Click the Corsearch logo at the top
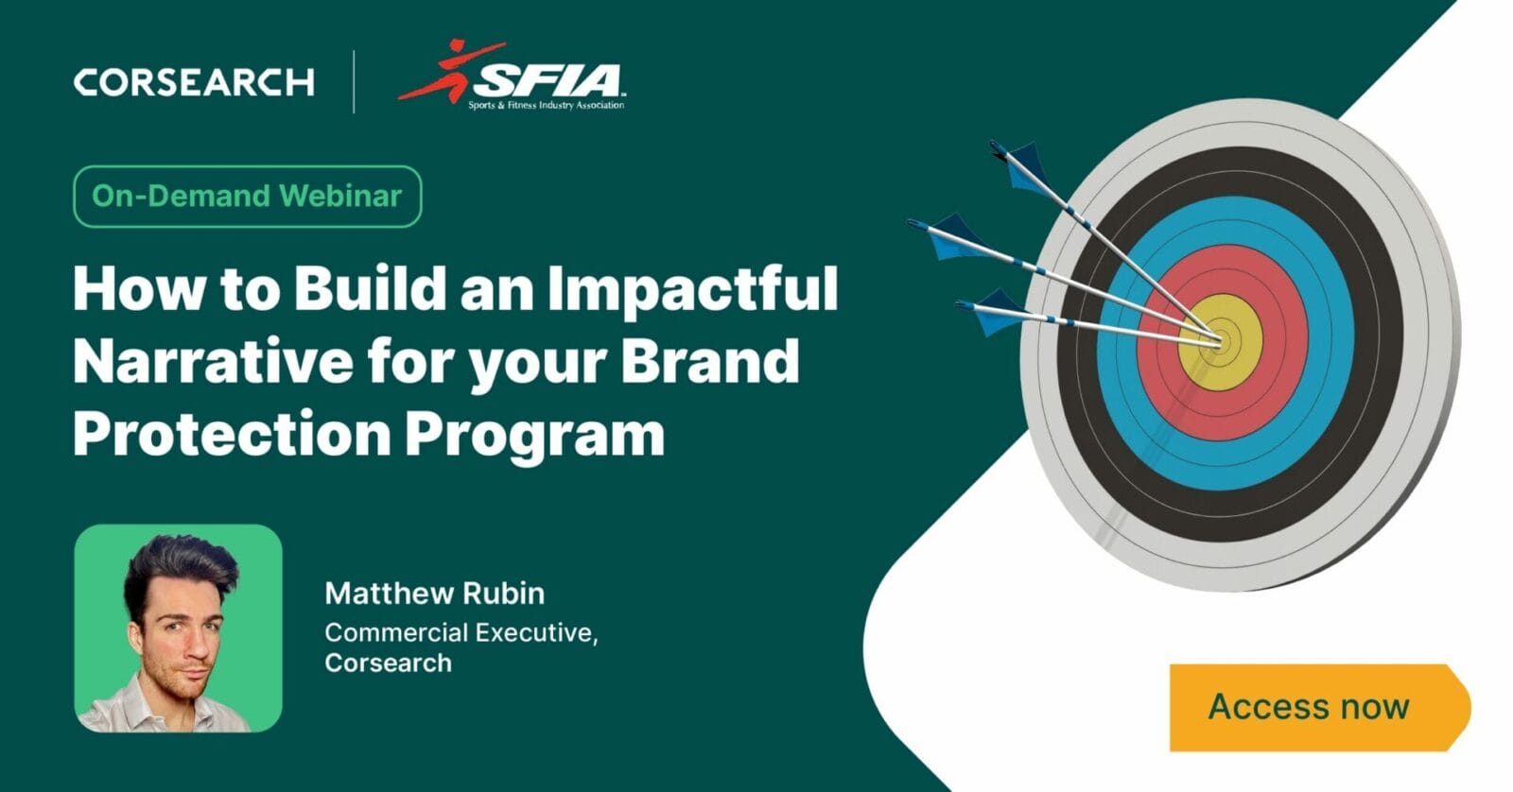pyautogui.click(x=194, y=82)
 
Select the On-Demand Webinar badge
pyautogui.click(x=247, y=196)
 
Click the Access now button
pyautogui.click(x=1314, y=707)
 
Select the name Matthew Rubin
pyautogui.click(x=434, y=594)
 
